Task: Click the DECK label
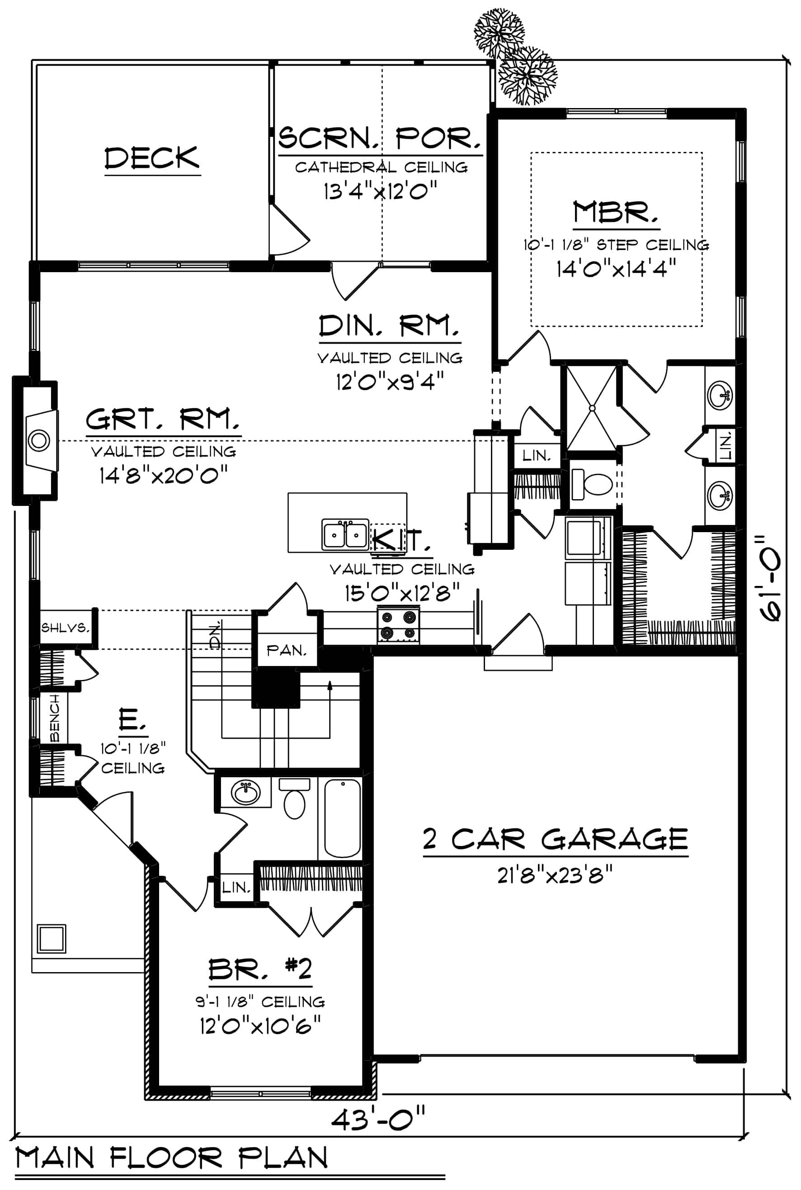(152, 158)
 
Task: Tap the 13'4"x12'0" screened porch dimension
(381, 192)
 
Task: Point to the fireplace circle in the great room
(39, 440)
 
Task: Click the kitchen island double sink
(345, 535)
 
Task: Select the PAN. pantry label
(286, 651)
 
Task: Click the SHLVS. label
(65, 628)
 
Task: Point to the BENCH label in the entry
(55, 718)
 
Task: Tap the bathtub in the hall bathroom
(342, 818)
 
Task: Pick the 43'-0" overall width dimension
(378, 1120)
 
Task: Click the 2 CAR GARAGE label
(555, 839)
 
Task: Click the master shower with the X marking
(592, 408)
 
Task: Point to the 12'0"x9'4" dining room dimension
(389, 381)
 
